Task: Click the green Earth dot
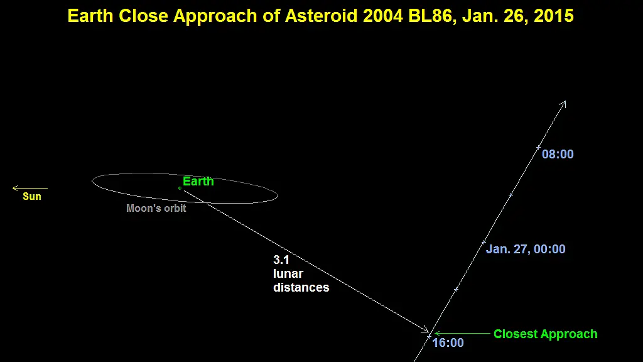pos(180,189)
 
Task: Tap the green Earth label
pos(198,182)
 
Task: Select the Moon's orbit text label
pos(156,209)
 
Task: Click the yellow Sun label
pos(32,196)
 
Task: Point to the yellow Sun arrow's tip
pos(13,189)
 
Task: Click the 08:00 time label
pos(558,155)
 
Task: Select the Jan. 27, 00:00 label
pos(526,249)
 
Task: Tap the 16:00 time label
pos(448,343)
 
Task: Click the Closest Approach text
pos(546,334)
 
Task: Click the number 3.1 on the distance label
pos(281,260)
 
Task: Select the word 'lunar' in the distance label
pos(288,274)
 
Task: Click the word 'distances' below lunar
pos(301,288)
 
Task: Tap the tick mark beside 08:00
pos(538,147)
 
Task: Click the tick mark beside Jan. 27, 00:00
pos(484,242)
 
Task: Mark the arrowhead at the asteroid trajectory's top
pos(566,101)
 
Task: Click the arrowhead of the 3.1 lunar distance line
pos(428,331)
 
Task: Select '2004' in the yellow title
pos(384,16)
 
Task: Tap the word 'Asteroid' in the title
pos(321,16)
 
